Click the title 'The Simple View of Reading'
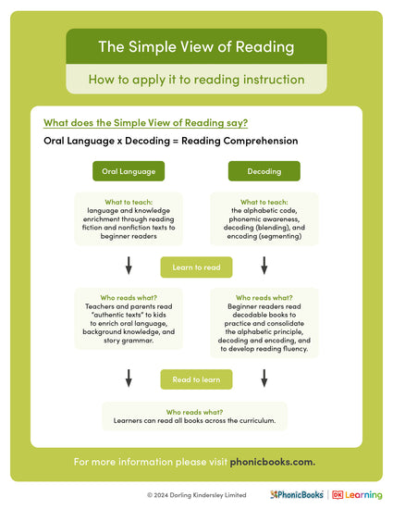tap(196, 46)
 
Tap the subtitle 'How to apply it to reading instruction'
tap(196, 80)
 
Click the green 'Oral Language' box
tap(129, 171)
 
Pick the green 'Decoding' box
tap(264, 171)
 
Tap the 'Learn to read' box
tap(196, 267)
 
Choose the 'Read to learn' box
tap(196, 379)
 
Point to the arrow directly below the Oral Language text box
tap(129, 267)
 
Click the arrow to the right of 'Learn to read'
tap(264, 267)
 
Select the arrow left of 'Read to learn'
tap(129, 378)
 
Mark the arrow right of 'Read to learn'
tap(264, 378)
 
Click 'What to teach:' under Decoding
tap(264, 202)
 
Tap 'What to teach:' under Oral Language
tap(129, 202)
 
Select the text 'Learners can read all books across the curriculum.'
tap(196, 421)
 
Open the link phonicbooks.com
tap(273, 461)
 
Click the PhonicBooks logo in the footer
tap(297, 495)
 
